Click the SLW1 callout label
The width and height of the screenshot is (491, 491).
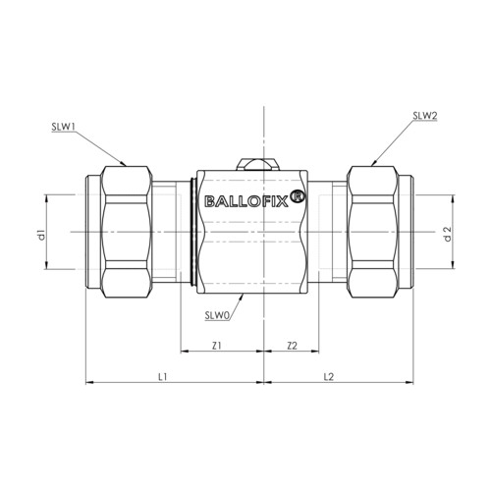[x=63, y=127]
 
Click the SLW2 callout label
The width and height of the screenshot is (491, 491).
[x=425, y=116]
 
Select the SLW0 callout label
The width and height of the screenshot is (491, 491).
[x=216, y=316]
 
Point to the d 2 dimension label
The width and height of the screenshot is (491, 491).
[x=448, y=234]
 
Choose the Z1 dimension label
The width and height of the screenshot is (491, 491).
[x=217, y=346]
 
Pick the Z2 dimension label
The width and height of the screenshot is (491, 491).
[x=292, y=346]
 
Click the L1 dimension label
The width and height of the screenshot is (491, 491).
[x=163, y=377]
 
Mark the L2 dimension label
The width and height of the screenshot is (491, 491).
[x=328, y=377]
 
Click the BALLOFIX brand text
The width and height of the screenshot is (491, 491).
[x=246, y=201]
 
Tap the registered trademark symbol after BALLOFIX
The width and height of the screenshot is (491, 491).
[x=298, y=197]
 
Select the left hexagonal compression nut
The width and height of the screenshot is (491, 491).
[x=127, y=232]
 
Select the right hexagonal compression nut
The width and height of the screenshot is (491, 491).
[x=373, y=232]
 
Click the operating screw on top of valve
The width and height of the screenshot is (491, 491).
[x=258, y=164]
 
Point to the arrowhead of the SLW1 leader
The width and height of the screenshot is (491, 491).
[x=124, y=164]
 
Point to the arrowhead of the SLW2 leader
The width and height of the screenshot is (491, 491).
[x=374, y=163]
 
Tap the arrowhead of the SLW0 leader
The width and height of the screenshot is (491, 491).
[x=243, y=297]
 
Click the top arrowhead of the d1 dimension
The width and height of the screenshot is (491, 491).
[x=46, y=198]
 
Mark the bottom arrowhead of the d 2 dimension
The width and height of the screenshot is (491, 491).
[x=454, y=265]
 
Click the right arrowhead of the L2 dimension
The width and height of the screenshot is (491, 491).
[x=409, y=382]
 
